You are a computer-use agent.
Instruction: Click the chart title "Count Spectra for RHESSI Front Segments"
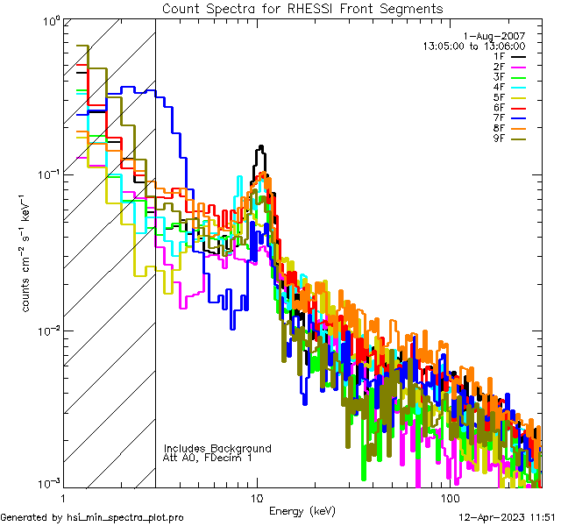[x=302, y=9]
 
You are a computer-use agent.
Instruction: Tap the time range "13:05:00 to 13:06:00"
[x=473, y=46]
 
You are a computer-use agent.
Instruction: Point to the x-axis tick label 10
[x=257, y=498]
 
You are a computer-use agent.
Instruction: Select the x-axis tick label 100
[x=450, y=498]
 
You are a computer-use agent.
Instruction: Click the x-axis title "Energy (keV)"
[x=302, y=511]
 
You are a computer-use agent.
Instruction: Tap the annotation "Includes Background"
[x=217, y=448]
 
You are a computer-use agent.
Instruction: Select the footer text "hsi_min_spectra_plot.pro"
[x=125, y=517]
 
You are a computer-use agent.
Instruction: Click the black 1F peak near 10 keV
[x=260, y=149]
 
